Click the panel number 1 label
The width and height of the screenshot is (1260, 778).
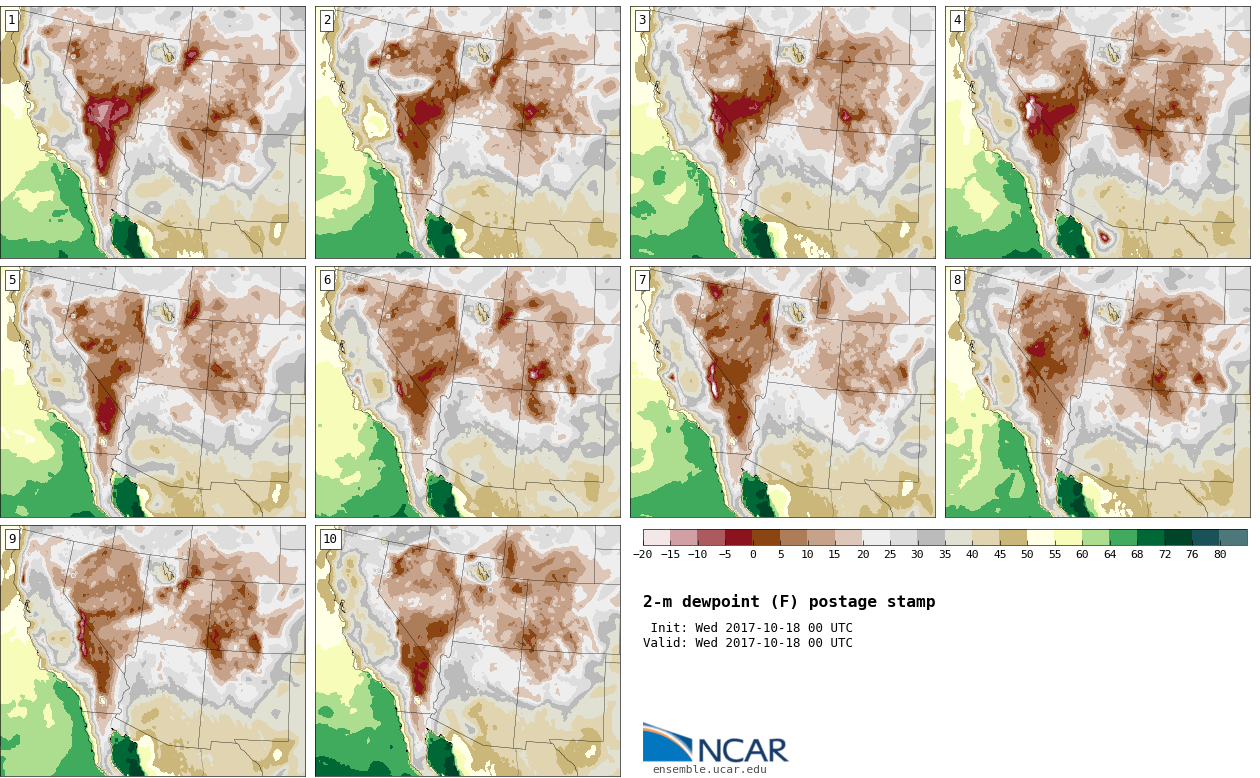[12, 21]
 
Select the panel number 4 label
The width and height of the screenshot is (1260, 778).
[957, 21]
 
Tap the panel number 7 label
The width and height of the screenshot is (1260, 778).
[642, 280]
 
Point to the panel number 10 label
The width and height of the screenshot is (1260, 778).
[330, 539]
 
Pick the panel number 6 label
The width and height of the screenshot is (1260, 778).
[327, 280]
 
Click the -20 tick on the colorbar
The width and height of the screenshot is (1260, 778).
[643, 554]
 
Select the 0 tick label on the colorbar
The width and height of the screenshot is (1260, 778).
[753, 554]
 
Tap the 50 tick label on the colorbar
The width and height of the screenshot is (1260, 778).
[1027, 554]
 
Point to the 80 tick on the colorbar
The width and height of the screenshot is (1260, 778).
[1220, 554]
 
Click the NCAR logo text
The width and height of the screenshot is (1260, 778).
[743, 750]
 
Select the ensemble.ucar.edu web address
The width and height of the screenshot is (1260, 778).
[710, 769]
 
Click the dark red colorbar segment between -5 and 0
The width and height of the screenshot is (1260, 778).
[739, 537]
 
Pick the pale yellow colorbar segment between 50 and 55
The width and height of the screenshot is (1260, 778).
[1041, 537]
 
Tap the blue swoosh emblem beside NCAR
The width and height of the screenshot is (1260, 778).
[667, 741]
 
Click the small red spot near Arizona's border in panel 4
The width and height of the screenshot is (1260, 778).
[1104, 237]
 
